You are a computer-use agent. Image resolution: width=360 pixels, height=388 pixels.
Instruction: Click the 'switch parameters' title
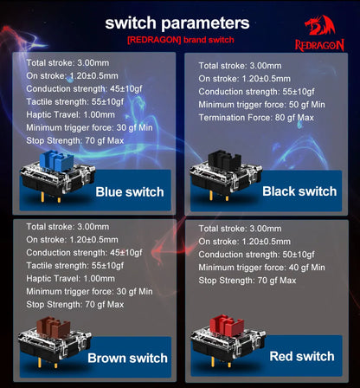178,23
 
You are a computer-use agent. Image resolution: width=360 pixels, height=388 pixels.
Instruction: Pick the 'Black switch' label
299,191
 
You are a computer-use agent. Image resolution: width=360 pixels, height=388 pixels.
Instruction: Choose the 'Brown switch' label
127,357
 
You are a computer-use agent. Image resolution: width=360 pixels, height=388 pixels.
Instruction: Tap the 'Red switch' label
302,356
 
